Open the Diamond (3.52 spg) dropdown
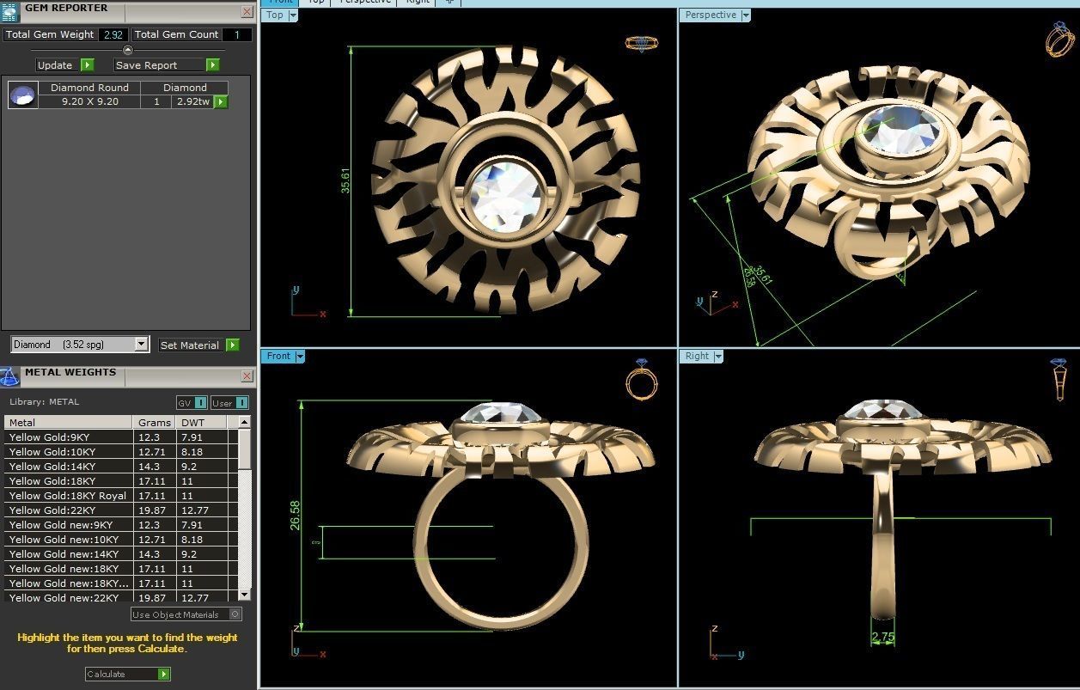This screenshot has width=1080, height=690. point(142,345)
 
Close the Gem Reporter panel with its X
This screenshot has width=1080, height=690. point(247,12)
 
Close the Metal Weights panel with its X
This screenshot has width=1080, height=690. point(247,376)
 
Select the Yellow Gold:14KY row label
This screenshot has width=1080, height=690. point(52,467)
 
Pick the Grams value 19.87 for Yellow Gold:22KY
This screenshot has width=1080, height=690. point(150,510)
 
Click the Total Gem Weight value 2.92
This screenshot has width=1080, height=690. point(113,35)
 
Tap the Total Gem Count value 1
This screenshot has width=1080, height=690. point(237,35)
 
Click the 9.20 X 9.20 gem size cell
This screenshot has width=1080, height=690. point(89,101)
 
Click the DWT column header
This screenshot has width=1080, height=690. point(190,423)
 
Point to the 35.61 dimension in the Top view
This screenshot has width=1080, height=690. point(345,180)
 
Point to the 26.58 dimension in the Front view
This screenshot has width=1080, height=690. point(296,516)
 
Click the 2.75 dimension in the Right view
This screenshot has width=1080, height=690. point(883,638)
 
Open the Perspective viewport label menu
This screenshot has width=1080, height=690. point(746,15)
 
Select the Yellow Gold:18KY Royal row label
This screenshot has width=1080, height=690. point(67,496)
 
